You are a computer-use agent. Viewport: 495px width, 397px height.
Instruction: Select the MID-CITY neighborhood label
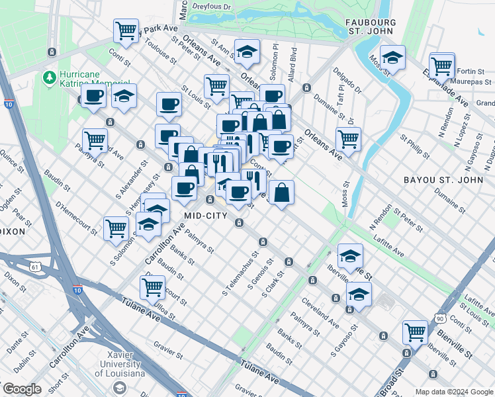click(206, 216)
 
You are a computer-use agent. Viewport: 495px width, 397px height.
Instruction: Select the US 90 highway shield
click(439, 318)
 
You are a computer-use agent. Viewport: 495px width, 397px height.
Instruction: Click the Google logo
click(22, 389)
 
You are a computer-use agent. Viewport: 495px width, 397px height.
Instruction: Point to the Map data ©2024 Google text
click(454, 392)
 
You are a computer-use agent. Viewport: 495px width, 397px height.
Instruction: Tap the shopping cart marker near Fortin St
click(441, 66)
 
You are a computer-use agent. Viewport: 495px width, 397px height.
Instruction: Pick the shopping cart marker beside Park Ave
click(126, 31)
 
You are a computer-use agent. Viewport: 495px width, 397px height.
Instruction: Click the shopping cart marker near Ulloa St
click(153, 287)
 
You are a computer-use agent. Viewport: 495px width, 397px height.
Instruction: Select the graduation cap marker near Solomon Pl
click(247, 52)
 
